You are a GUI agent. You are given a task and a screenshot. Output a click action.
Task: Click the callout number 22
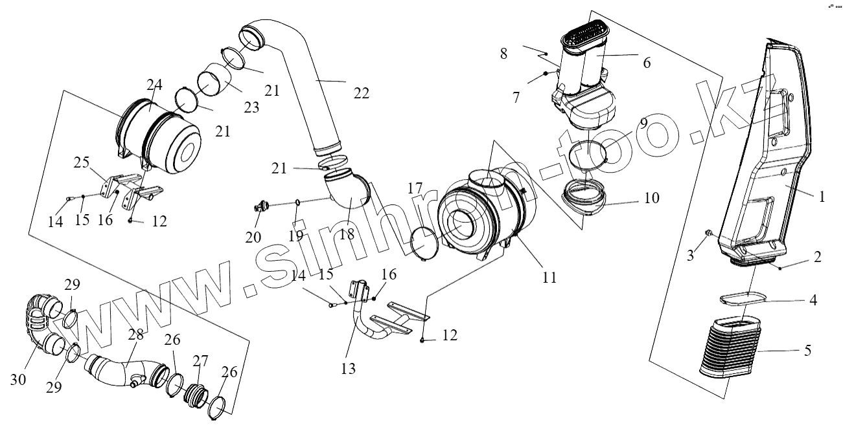click(361, 93)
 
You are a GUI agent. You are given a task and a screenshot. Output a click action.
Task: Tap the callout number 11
click(549, 278)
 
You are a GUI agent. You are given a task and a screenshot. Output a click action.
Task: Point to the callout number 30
click(18, 379)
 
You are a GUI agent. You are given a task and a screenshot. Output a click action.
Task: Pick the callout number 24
click(154, 85)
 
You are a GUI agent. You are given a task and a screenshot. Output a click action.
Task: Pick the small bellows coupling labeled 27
click(195, 394)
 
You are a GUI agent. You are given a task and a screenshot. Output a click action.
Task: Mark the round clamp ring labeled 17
click(424, 243)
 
